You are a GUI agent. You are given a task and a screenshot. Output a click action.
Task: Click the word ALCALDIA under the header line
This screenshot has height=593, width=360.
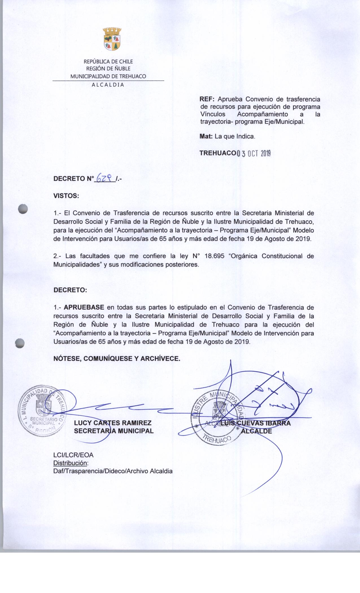click(x=108, y=84)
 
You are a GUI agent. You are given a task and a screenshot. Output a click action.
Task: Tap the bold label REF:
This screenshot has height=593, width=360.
click(x=208, y=99)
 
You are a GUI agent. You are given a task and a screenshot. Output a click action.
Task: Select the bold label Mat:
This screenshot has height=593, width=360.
click(x=206, y=137)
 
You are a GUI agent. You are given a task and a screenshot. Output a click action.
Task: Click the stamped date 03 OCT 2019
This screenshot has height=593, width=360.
click(x=253, y=154)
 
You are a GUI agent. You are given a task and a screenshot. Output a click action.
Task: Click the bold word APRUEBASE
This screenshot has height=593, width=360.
click(x=84, y=307)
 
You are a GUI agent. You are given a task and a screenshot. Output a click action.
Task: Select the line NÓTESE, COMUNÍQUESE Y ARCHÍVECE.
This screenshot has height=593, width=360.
click(x=117, y=359)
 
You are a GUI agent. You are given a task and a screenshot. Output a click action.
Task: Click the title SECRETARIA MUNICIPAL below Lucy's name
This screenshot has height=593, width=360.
click(x=114, y=431)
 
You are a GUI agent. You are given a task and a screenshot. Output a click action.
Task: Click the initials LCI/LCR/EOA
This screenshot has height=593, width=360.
click(x=73, y=455)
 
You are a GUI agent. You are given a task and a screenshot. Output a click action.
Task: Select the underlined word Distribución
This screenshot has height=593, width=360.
click(x=71, y=463)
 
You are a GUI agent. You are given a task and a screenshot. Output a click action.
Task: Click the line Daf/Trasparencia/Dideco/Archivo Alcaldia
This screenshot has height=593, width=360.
click(x=113, y=471)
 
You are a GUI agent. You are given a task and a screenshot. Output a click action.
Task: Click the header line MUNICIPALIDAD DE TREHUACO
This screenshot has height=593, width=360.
click(x=108, y=76)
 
